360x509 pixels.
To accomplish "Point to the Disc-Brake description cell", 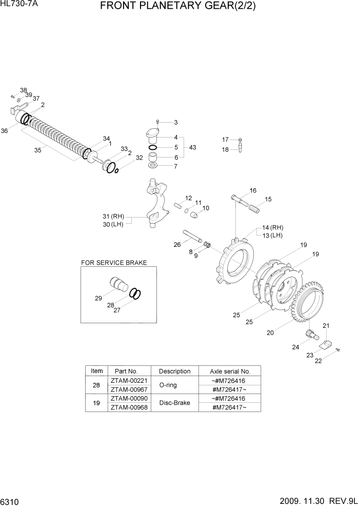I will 174,403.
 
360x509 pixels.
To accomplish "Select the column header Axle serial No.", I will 230,371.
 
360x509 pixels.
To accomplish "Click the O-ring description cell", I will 174,385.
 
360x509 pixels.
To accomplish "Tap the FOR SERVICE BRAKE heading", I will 114,263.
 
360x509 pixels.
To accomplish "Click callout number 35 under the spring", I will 37,150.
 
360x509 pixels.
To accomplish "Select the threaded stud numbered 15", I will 255,208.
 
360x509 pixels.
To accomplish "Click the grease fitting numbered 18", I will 241,149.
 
